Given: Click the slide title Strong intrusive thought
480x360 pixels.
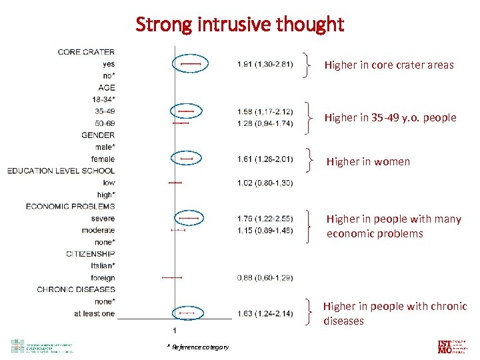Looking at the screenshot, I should click(240, 25).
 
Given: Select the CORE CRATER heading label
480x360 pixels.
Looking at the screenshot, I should click(86, 52).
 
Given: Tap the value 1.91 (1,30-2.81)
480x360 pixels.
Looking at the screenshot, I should click(265, 64).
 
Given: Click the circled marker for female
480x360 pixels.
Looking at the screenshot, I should click(186, 159).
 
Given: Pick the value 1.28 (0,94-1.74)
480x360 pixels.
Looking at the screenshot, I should click(265, 123).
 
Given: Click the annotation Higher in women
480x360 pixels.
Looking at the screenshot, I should click(368, 161).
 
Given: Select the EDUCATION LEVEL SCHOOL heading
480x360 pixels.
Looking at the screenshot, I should click(61, 171).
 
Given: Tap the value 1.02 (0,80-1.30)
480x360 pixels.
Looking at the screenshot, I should click(265, 183).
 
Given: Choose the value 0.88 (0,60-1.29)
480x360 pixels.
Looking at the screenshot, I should click(265, 278).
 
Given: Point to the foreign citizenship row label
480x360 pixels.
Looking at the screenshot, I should click(103, 278).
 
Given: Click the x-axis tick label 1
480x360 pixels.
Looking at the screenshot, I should click(175, 330).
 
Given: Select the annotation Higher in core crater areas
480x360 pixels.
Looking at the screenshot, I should click(389, 65).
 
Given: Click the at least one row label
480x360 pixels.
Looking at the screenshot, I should click(94, 313).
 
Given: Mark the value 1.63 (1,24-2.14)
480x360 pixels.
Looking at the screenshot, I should click(265, 313).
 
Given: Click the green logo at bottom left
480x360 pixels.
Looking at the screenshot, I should click(40, 346).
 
